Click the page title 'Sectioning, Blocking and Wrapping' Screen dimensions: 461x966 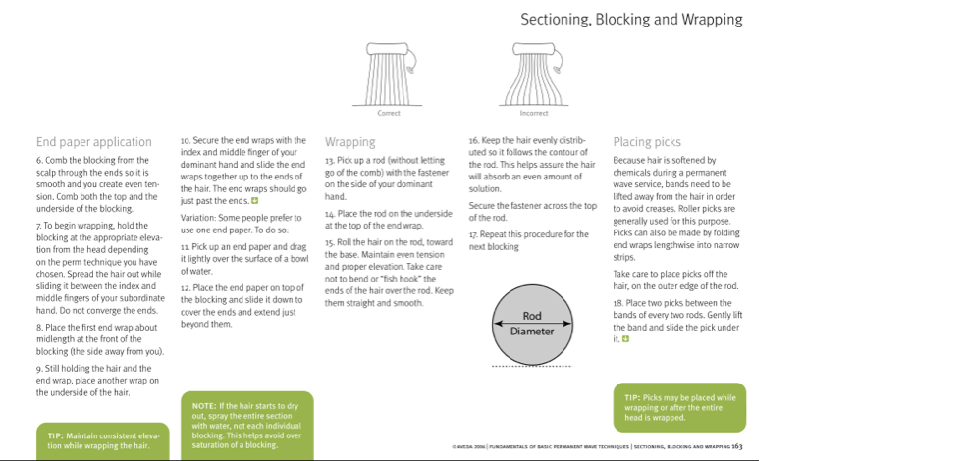coord(631,20)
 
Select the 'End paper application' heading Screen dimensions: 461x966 coord(94,142)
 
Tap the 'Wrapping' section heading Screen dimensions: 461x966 coord(349,142)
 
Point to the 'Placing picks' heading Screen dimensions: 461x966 coord(646,142)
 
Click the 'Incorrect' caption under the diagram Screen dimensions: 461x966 coord(534,113)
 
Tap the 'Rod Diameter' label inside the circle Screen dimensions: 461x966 coord(532,324)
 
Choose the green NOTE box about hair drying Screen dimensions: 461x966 coord(246,425)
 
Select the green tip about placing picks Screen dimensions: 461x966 coord(679,407)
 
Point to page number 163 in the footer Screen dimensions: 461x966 coord(736,446)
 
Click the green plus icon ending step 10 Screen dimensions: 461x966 coord(254,200)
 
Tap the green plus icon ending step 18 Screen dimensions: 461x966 coord(625,339)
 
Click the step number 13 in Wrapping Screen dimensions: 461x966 coord(330,160)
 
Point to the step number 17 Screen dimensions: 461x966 coord(473,235)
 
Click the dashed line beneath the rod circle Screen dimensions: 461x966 coord(532,367)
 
